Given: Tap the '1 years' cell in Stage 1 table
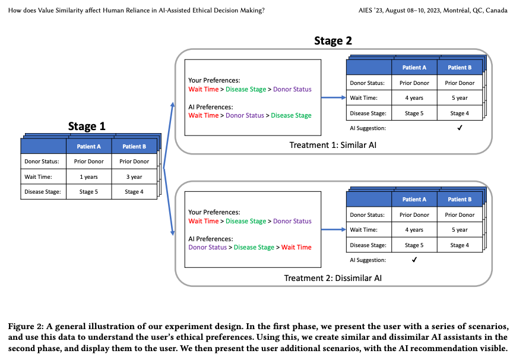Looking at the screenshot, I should tap(89, 176).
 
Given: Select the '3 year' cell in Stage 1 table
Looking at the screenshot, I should tap(134, 176).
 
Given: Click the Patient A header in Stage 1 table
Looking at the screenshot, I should tap(89, 146).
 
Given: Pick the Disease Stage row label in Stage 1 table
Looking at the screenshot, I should tap(43, 192).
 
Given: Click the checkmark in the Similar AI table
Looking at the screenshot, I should tap(460, 128).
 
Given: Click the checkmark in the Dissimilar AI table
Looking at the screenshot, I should tap(414, 260).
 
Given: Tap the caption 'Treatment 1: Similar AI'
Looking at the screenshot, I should tap(332, 145).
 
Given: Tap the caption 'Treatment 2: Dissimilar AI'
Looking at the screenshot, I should tap(332, 277).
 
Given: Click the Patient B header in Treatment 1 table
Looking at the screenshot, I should tap(460, 68).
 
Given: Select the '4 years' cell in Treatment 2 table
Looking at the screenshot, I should tap(414, 230).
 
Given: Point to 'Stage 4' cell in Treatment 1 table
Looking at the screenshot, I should tap(460, 113).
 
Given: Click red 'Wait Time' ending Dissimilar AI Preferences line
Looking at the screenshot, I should tap(296, 247).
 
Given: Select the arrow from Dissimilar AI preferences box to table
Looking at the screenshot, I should tap(334, 230).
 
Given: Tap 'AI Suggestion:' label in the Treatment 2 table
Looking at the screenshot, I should tap(368, 260).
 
